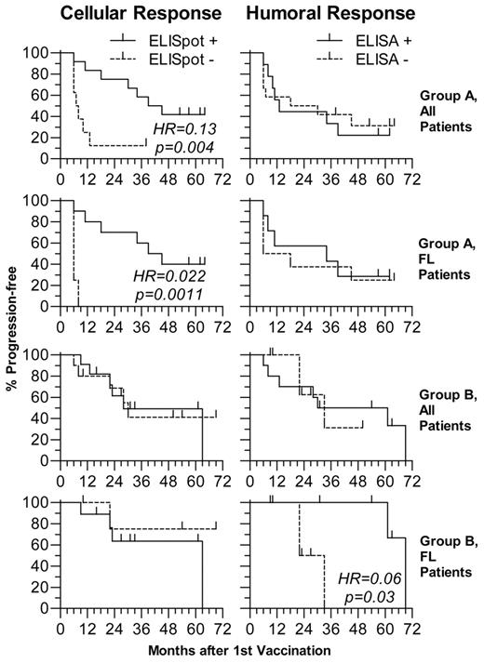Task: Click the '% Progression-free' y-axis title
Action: [12, 331]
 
